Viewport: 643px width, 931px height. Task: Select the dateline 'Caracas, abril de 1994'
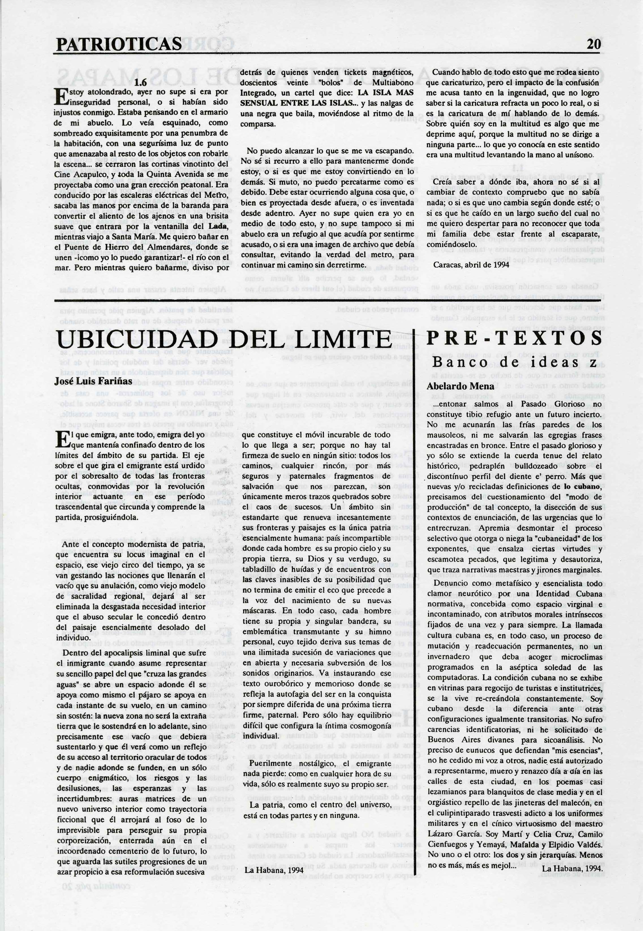point(471,265)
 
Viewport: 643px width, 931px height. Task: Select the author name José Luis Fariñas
point(93,381)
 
